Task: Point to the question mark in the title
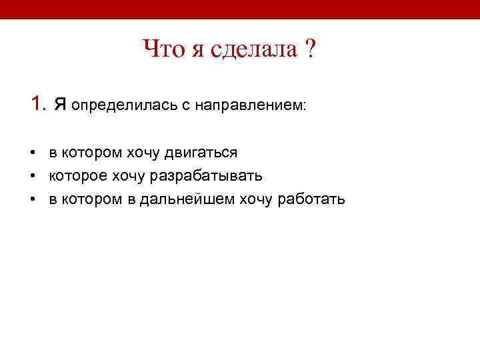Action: (310, 49)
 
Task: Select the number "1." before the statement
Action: (38, 104)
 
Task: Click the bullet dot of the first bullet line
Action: (33, 153)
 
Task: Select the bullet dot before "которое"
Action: (33, 176)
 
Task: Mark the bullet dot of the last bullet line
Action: (33, 199)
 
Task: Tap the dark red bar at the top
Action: (240, 9)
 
